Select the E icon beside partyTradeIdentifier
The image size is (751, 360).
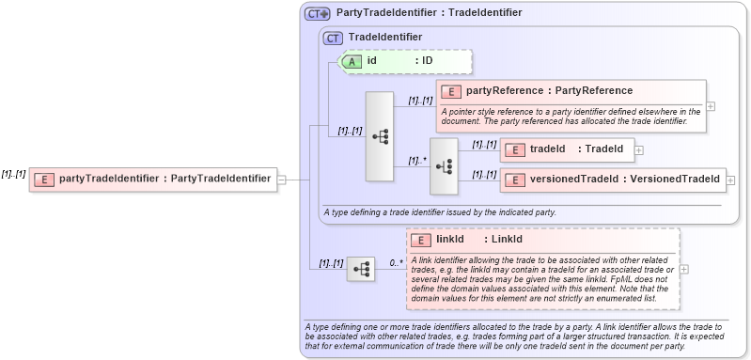coord(43,179)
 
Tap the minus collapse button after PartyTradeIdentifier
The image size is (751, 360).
coord(282,179)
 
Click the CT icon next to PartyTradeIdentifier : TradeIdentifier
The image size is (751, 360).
coord(318,14)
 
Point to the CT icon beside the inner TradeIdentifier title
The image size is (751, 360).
coord(333,38)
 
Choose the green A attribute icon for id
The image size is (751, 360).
coord(352,61)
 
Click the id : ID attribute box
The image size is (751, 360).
coord(404,61)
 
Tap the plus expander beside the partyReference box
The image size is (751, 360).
coord(711,105)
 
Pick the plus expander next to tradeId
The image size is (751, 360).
coord(639,149)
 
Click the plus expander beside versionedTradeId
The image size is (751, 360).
coord(730,179)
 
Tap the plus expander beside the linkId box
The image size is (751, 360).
coord(683,269)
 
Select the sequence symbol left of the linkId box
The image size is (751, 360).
coord(360,269)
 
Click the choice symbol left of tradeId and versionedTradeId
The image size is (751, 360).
coord(444,164)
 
